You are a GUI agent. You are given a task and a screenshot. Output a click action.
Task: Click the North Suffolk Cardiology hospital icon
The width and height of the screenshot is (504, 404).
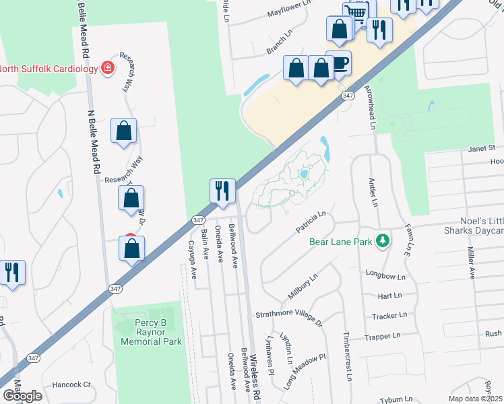click(106, 67)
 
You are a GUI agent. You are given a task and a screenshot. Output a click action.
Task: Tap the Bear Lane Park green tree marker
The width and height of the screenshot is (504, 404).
click(383, 240)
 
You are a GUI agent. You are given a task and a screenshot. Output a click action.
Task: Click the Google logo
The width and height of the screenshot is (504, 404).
click(22, 396)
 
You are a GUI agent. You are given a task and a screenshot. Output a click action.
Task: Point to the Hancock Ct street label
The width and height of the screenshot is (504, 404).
click(73, 384)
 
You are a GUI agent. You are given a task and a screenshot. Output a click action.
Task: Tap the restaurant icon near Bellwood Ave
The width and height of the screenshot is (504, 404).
click(222, 192)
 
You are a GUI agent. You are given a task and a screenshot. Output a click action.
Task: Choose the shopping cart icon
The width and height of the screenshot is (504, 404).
click(355, 13)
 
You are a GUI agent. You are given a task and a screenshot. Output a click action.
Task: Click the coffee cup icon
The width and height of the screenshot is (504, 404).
click(339, 63)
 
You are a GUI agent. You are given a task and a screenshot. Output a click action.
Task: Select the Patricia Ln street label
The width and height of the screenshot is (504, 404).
click(311, 222)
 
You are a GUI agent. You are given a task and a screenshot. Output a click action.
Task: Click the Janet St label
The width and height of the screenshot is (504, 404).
click(482, 147)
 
